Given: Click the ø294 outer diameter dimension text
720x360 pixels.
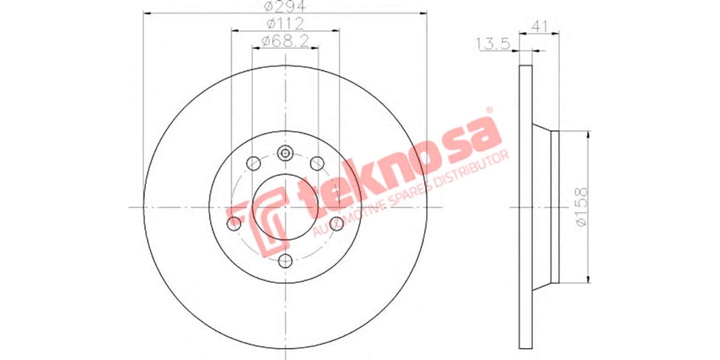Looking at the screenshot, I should (285, 7).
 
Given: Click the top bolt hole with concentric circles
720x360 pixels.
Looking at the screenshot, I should (285, 154).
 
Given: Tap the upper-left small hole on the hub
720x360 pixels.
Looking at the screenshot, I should (253, 163).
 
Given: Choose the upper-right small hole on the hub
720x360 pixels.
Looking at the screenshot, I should (316, 163).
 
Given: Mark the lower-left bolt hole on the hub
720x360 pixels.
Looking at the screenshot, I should (234, 224).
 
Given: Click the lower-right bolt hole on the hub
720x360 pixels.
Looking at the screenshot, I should (336, 223).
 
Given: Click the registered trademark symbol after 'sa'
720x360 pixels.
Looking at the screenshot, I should (488, 110).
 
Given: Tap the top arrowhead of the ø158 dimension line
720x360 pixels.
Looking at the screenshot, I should (588, 133).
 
